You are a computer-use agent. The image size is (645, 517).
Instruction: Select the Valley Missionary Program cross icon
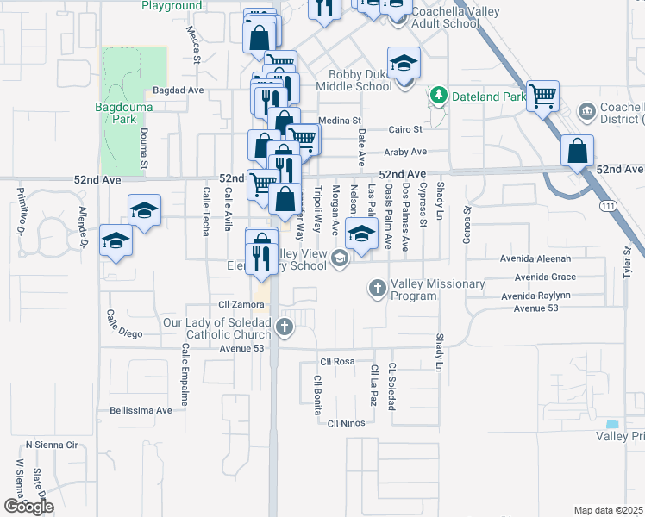tap(377, 288)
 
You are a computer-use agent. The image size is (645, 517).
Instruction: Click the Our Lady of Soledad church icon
tap(284, 327)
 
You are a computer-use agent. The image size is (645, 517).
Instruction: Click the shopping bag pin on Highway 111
tap(577, 151)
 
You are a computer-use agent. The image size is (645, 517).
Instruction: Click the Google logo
tap(28, 507)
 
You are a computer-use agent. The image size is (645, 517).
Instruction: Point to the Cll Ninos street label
tap(348, 422)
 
